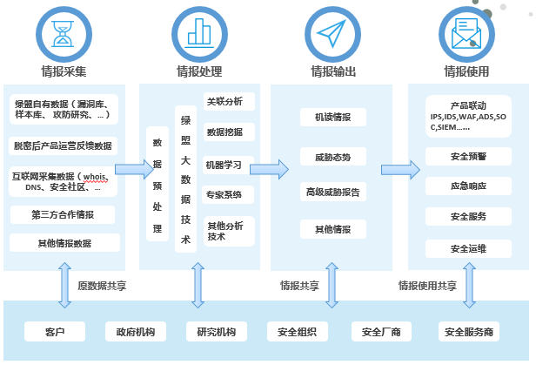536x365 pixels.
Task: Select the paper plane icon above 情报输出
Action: click(x=332, y=33)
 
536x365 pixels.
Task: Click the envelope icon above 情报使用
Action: click(x=466, y=33)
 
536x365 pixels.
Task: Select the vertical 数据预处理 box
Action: click(x=157, y=185)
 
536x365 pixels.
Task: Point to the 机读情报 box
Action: click(x=332, y=117)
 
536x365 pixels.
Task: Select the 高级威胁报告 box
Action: click(x=332, y=192)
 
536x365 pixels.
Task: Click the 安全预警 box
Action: click(x=468, y=158)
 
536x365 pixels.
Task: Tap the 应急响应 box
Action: click(x=468, y=186)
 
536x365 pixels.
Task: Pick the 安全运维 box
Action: click(x=468, y=249)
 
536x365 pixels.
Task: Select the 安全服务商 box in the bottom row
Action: click(x=468, y=332)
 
